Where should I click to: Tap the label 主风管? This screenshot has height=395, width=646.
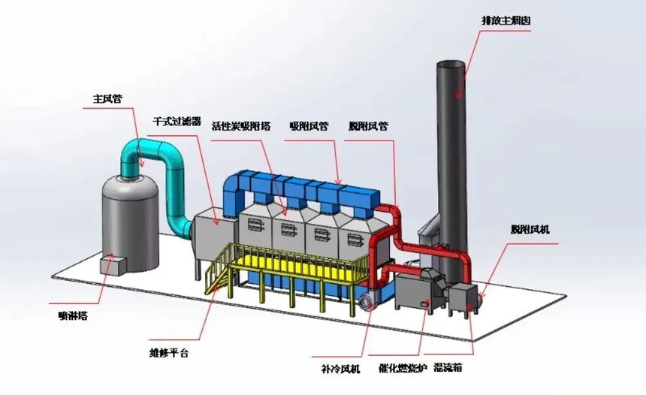coord(107,98)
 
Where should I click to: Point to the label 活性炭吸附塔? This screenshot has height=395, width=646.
coord(240,126)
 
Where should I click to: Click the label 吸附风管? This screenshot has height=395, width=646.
coord(309,126)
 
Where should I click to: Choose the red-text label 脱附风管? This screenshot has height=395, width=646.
coord(368,126)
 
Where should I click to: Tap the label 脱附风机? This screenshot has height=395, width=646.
coord(529,229)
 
